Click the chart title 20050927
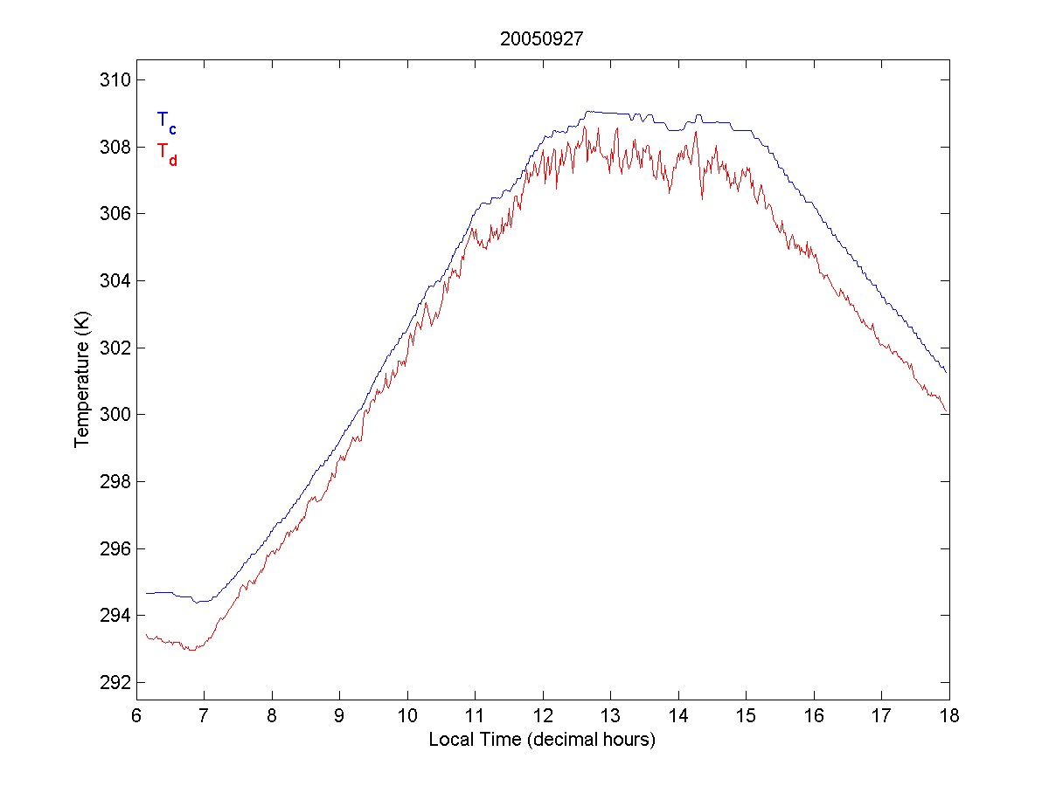coord(542,39)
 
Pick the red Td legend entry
coord(166,153)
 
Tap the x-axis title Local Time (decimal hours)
coord(542,740)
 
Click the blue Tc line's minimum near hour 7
coord(198,602)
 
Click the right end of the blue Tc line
coord(948,374)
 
